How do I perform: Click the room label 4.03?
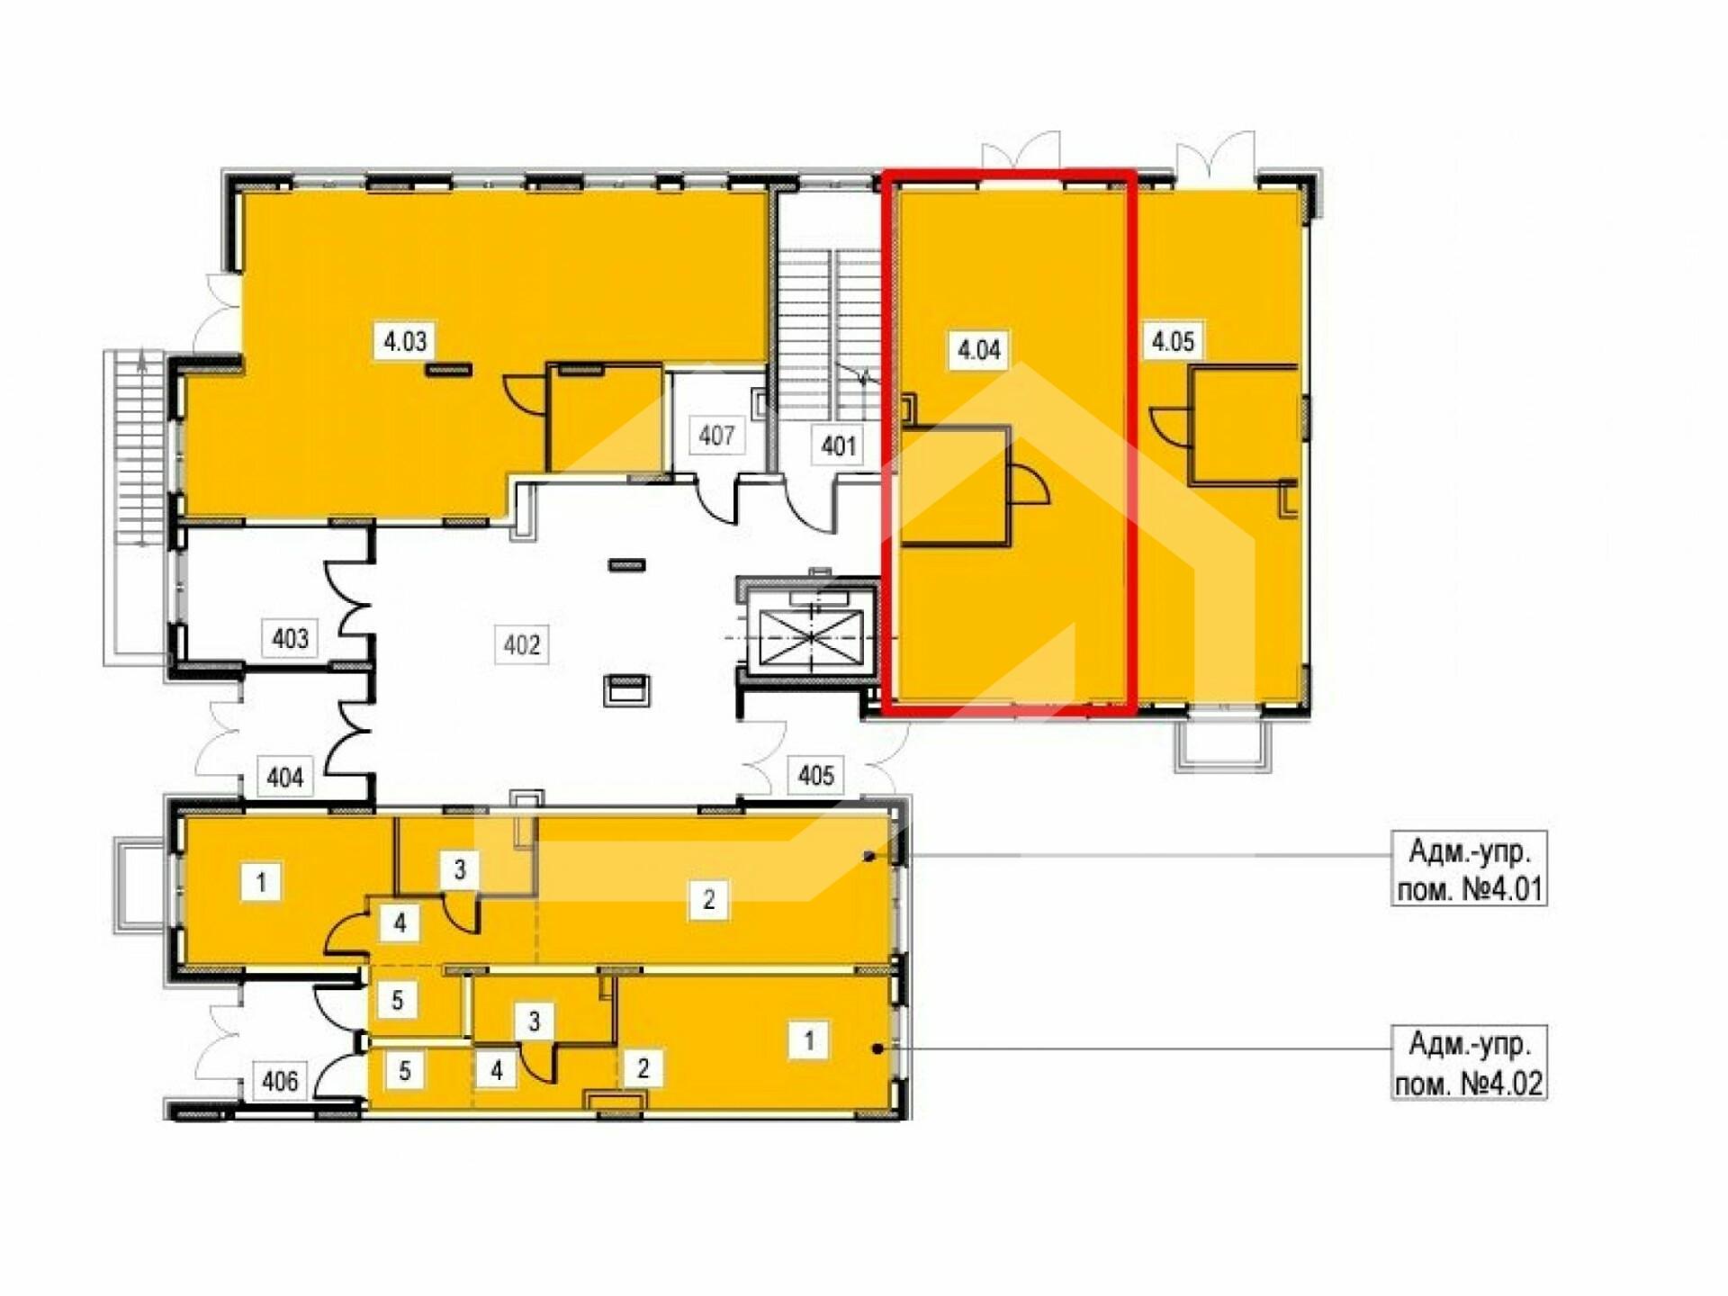click(x=405, y=342)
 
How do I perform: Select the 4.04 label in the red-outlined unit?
click(x=979, y=349)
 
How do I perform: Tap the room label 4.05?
click(x=1173, y=342)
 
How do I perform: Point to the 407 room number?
click(x=717, y=436)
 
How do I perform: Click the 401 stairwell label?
click(x=838, y=445)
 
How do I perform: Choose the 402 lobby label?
click(x=522, y=645)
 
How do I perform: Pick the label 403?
click(x=290, y=639)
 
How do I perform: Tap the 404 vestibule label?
click(x=285, y=777)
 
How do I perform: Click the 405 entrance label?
click(x=816, y=775)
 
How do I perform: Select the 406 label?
click(x=280, y=1080)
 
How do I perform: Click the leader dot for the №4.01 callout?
click(x=868, y=856)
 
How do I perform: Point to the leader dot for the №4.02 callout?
click(x=877, y=1048)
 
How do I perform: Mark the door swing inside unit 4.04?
click(x=1031, y=486)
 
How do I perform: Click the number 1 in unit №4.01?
click(x=262, y=882)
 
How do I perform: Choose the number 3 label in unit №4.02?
click(x=535, y=1021)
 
